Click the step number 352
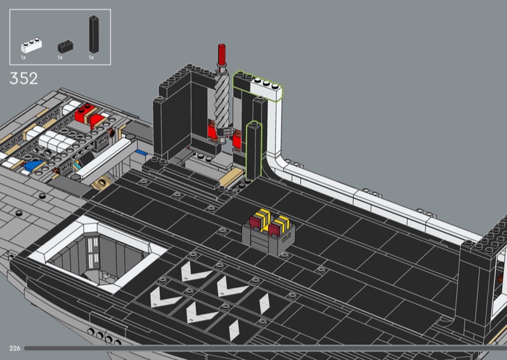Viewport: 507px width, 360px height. pos(23,79)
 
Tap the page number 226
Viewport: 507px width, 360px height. pos(15,348)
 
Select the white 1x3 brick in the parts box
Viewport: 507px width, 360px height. pos(31,46)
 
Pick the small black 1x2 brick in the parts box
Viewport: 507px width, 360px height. pos(65,46)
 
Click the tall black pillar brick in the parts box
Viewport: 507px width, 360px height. pos(94,34)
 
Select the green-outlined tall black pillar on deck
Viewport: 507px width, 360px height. pos(254,150)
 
